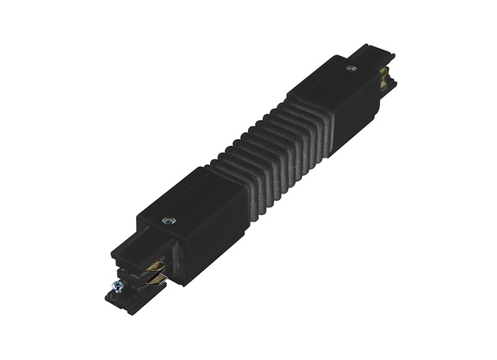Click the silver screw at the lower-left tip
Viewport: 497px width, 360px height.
[x=116, y=286]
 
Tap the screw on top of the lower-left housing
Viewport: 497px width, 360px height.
[x=168, y=220]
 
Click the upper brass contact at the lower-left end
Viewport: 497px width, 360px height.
[x=155, y=266]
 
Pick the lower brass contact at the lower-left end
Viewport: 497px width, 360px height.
[x=155, y=280]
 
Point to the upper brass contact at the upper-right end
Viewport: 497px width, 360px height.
[x=384, y=73]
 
